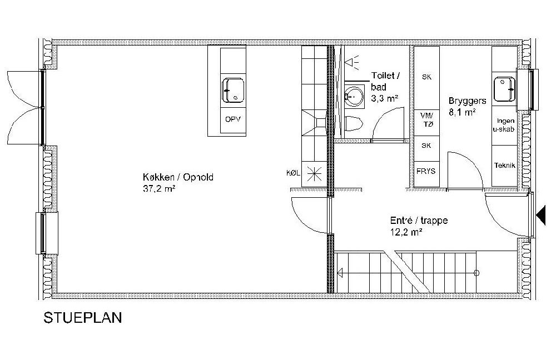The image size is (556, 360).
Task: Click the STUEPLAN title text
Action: tap(83, 318)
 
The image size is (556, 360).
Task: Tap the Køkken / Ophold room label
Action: tap(178, 177)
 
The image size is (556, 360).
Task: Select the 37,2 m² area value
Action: tap(159, 188)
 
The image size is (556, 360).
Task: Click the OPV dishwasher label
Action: tap(233, 119)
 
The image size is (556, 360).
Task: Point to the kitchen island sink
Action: tap(234, 90)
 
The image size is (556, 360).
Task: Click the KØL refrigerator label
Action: tap(293, 173)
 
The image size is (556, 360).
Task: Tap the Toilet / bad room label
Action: tap(386, 81)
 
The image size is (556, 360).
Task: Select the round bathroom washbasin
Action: tap(354, 96)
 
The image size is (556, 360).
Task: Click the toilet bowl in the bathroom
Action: tap(354, 124)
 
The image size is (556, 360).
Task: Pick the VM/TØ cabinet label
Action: tap(426, 120)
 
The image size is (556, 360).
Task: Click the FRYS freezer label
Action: tap(426, 172)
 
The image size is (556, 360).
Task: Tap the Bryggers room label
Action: tap(468, 101)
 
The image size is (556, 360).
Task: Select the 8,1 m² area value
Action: tap(462, 113)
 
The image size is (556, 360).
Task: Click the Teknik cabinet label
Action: tap(505, 165)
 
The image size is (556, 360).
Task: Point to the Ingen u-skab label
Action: tap(504, 125)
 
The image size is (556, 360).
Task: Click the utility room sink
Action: tap(505, 89)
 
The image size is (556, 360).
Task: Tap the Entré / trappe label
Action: tap(419, 221)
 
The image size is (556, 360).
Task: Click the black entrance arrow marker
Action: tap(541, 216)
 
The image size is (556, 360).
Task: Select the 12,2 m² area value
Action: tap(406, 232)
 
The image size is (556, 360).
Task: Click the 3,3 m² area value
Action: tap(384, 98)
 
